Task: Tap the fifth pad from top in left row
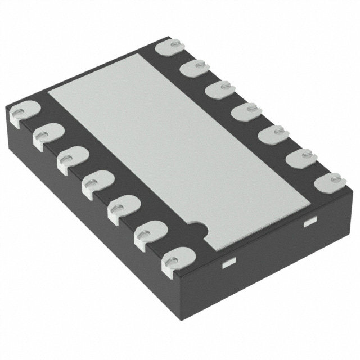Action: click(x=121, y=208)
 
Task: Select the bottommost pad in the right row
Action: click(x=329, y=183)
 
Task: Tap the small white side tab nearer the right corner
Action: click(x=308, y=223)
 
